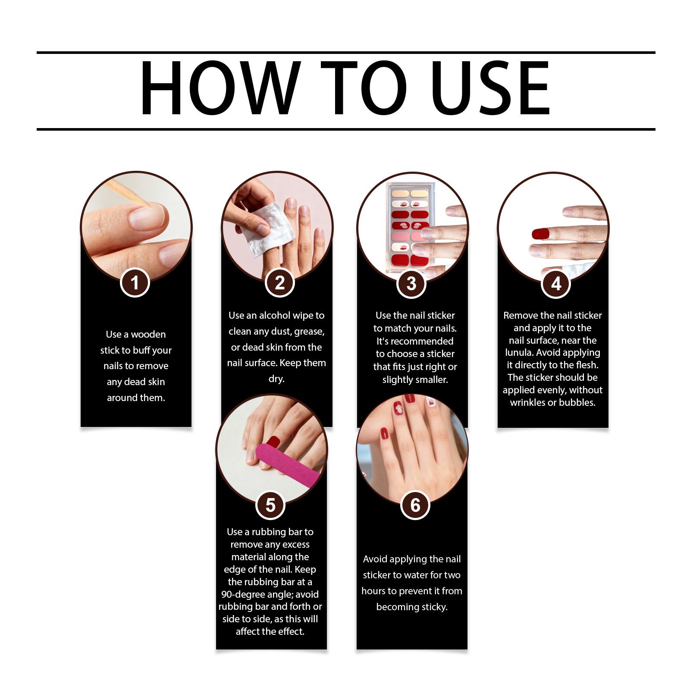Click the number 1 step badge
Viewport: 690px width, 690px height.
point(135,283)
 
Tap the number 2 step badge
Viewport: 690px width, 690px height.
point(280,283)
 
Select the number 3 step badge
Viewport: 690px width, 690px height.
point(411,284)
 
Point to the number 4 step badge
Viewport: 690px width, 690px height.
point(556,284)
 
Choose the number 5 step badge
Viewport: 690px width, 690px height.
point(270,505)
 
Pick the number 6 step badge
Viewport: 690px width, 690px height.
point(415,505)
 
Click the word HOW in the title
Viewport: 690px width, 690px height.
point(220,88)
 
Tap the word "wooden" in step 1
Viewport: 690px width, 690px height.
point(148,334)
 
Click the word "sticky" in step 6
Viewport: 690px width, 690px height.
point(433,607)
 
